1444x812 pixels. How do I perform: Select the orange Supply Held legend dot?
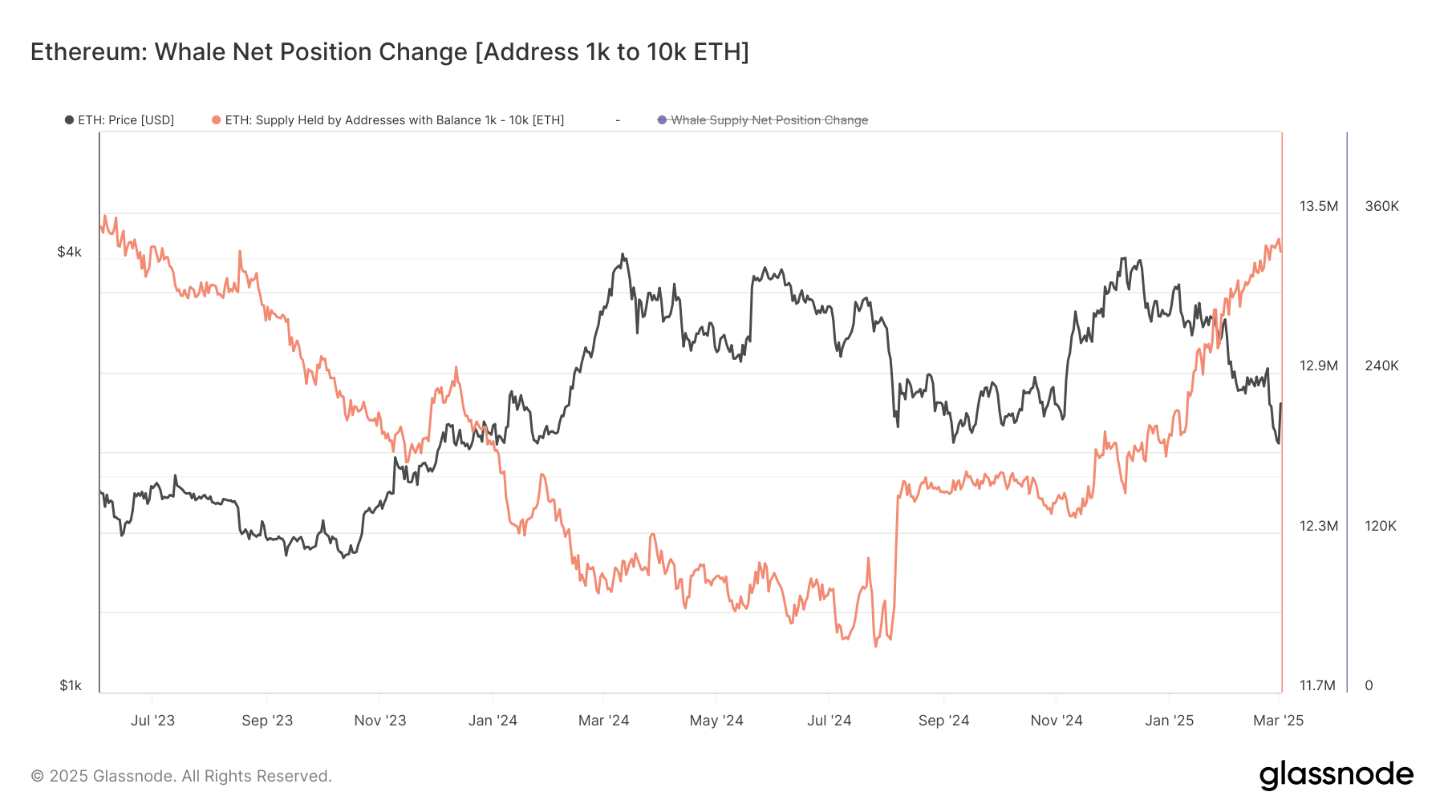(x=216, y=120)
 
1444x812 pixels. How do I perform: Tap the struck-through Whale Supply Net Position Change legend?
(x=769, y=120)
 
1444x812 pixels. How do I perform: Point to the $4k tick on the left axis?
(x=69, y=252)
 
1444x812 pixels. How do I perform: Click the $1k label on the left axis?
(x=71, y=685)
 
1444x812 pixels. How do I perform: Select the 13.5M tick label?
(x=1318, y=206)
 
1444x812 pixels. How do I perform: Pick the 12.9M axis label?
(x=1318, y=366)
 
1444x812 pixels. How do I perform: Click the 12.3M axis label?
(x=1318, y=526)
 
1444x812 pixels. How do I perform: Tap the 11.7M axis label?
(x=1317, y=685)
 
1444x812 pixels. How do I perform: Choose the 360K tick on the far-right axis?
(x=1381, y=206)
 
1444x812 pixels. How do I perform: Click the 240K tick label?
(x=1381, y=366)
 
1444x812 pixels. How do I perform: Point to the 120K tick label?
(x=1380, y=526)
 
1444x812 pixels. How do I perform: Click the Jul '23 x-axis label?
(x=152, y=721)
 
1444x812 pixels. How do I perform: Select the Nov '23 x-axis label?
(x=380, y=721)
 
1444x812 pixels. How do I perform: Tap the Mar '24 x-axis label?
(x=603, y=721)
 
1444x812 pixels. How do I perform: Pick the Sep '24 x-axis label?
(x=943, y=721)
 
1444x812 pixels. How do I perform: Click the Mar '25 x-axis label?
(x=1278, y=721)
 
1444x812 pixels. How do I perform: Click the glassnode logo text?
(x=1336, y=775)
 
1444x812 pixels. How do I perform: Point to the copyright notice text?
(x=181, y=776)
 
